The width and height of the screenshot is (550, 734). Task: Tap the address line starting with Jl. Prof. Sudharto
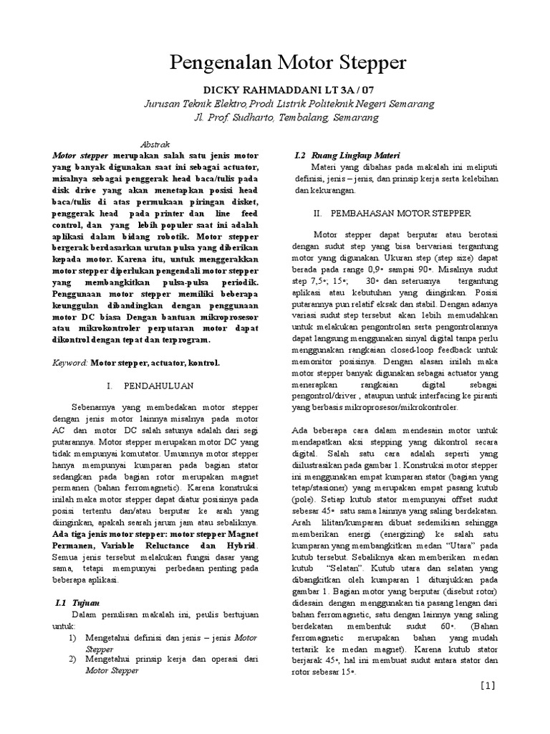pyautogui.click(x=276, y=118)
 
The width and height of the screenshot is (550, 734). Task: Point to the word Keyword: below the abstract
pyautogui.click(x=71, y=363)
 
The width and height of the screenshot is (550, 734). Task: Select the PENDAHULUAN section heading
pyautogui.click(x=150, y=386)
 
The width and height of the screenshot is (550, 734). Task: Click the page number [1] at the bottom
pyautogui.click(x=488, y=685)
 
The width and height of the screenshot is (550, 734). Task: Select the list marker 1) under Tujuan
pyautogui.click(x=72, y=637)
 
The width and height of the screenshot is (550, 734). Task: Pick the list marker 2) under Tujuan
pyautogui.click(x=72, y=659)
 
